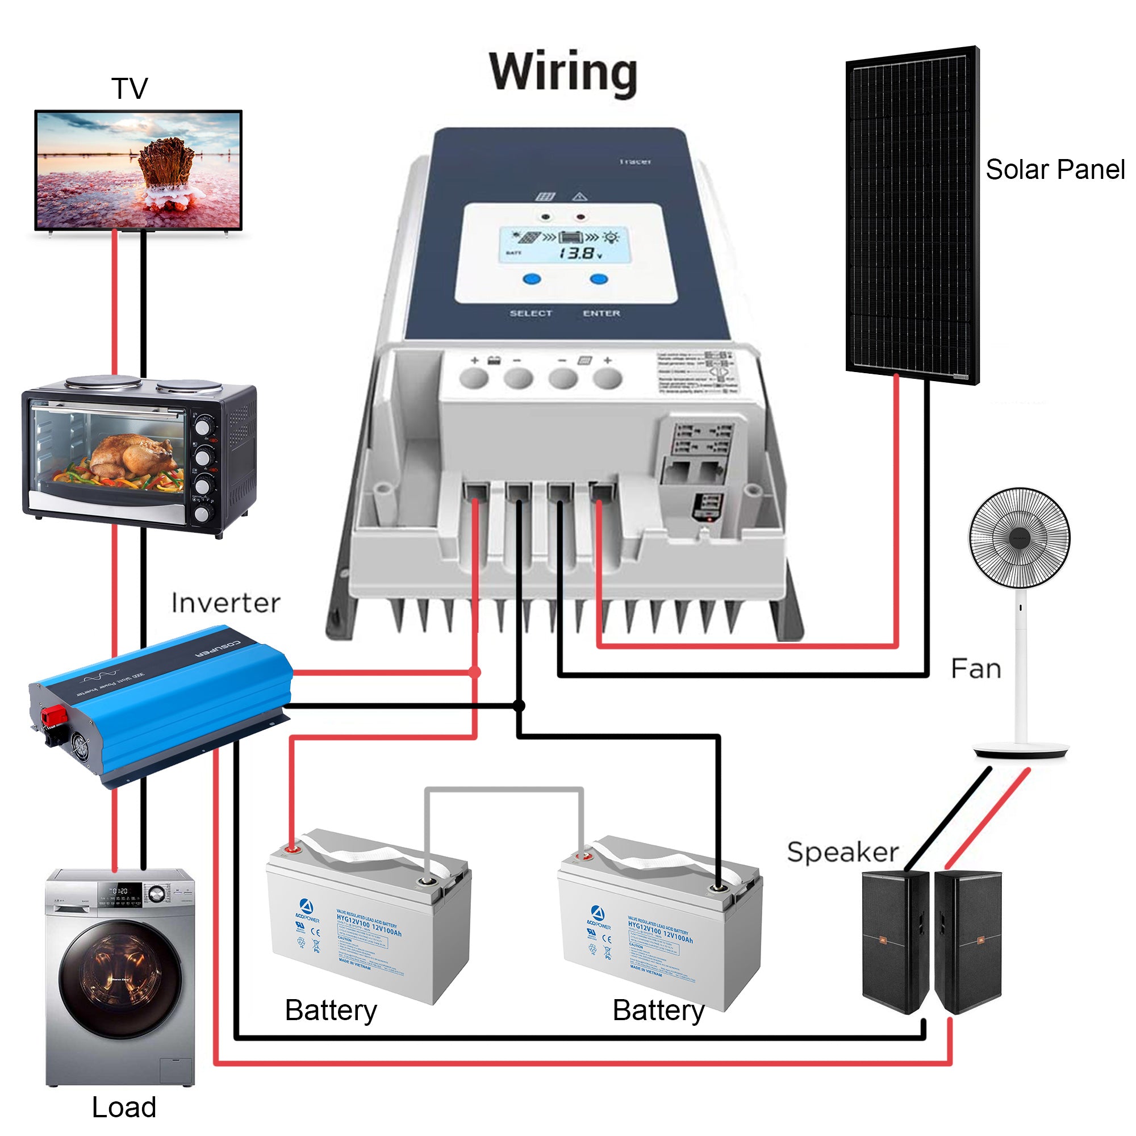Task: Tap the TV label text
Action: pos(130,89)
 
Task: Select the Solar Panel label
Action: pos(1055,170)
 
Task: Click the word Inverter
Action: pos(226,603)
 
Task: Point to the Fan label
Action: pos(976,669)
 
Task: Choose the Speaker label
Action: pos(842,852)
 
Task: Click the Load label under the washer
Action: pos(124,1107)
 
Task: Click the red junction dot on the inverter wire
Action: pos(475,672)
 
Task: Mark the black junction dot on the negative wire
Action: pos(519,705)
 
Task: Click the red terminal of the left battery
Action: pos(291,849)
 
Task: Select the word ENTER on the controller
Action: pos(602,314)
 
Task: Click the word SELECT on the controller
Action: pos(531,314)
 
